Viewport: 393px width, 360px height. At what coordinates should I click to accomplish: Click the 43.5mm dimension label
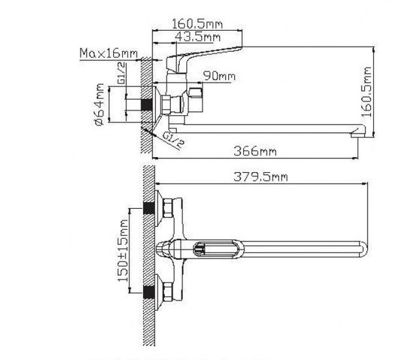[197, 37]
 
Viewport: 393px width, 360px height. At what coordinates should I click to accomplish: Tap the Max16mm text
[109, 53]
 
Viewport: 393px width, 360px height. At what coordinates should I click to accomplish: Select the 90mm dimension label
[219, 76]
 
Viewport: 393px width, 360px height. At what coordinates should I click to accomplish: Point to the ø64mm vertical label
[99, 104]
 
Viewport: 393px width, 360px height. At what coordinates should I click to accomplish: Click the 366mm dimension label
[255, 151]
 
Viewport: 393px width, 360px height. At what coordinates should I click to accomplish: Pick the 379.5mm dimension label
[261, 177]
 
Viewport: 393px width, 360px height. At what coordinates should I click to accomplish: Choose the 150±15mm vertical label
[123, 251]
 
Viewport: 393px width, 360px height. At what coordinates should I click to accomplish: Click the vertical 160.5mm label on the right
[366, 92]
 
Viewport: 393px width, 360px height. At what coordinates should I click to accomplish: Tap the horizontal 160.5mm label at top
[197, 24]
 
